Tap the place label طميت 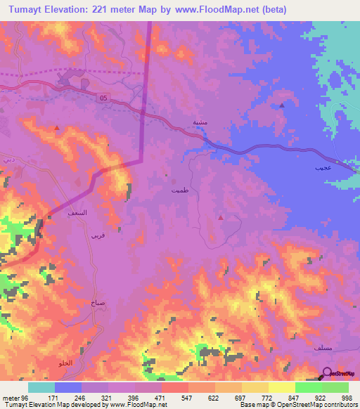click(x=179, y=189)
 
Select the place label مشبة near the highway click(x=200, y=122)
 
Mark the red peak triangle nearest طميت click(x=221, y=217)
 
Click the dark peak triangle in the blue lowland click(x=281, y=105)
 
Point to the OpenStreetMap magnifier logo click(x=326, y=373)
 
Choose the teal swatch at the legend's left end click(x=41, y=387)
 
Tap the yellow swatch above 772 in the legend click(x=255, y=387)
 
